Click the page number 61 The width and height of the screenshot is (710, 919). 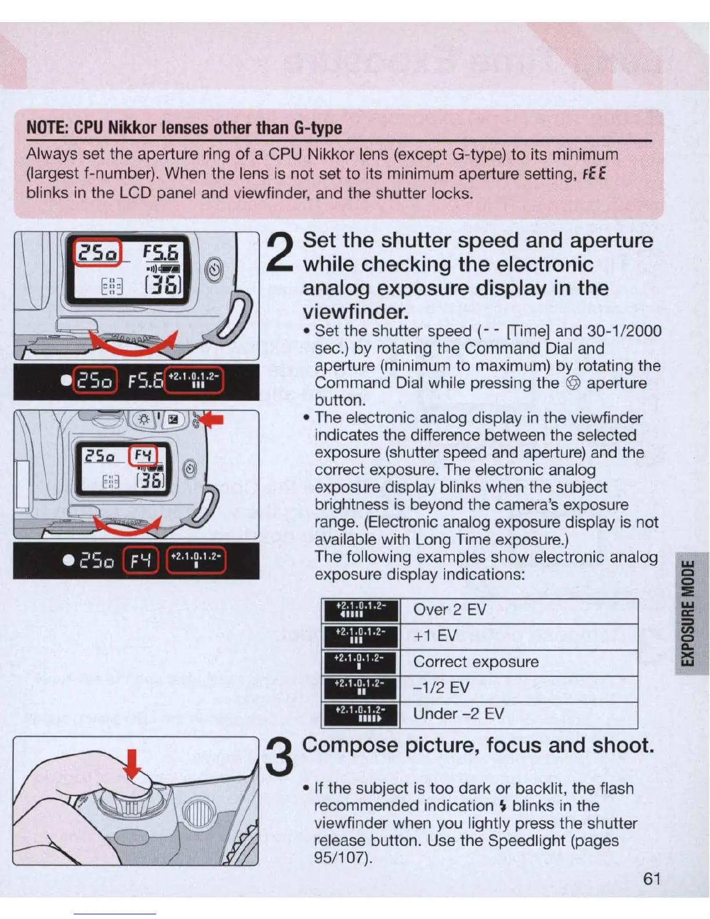tap(652, 878)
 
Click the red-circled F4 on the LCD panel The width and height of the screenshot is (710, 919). tap(143, 457)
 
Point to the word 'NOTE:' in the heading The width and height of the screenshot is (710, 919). tap(48, 128)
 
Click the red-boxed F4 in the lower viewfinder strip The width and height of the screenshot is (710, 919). tap(141, 560)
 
